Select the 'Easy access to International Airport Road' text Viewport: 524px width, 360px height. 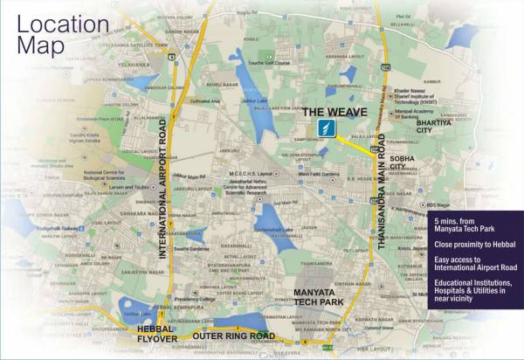477,264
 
